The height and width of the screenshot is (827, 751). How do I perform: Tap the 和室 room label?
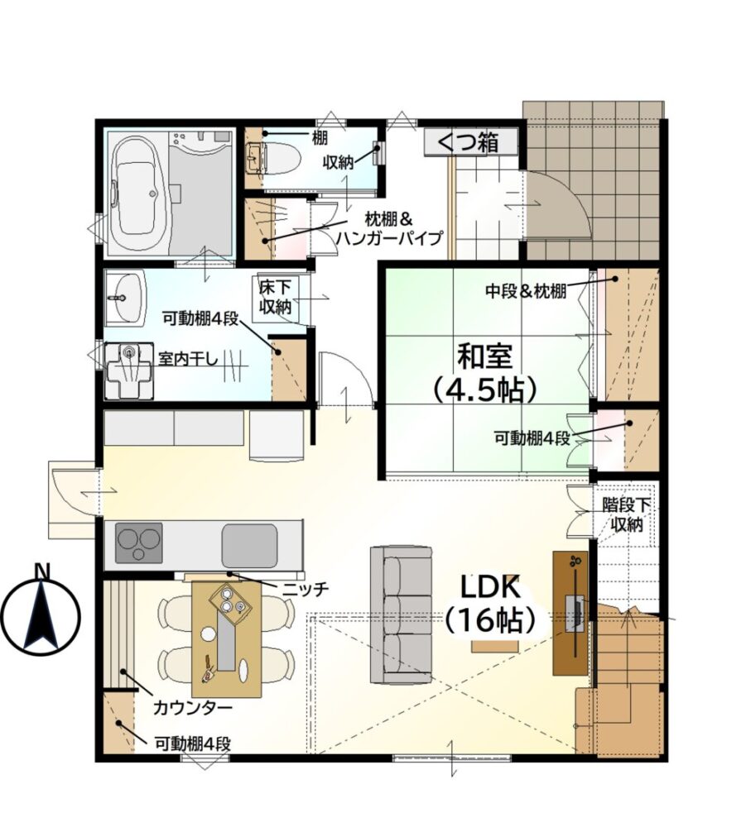point(485,356)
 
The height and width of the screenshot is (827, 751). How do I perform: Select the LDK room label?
point(491,586)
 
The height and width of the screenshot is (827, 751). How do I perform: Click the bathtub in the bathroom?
point(137,193)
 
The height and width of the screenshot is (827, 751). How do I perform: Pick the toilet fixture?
point(274,157)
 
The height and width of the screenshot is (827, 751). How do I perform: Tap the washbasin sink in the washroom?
point(125,298)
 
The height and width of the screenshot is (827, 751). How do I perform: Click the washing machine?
point(129,370)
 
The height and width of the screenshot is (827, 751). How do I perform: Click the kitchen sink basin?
point(249,545)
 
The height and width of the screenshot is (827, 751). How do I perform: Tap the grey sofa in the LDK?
point(402,615)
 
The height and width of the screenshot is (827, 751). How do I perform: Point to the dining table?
point(227,638)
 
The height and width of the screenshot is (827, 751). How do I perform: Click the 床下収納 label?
point(276,297)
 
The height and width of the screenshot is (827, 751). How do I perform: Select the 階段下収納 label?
point(627,514)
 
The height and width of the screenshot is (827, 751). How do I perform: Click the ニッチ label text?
point(306,588)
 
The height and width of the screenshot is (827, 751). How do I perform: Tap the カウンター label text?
point(193,707)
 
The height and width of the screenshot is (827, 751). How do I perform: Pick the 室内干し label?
point(189,359)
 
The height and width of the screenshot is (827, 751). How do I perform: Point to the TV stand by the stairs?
point(570,613)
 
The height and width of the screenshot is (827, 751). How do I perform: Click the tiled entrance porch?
point(595,179)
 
